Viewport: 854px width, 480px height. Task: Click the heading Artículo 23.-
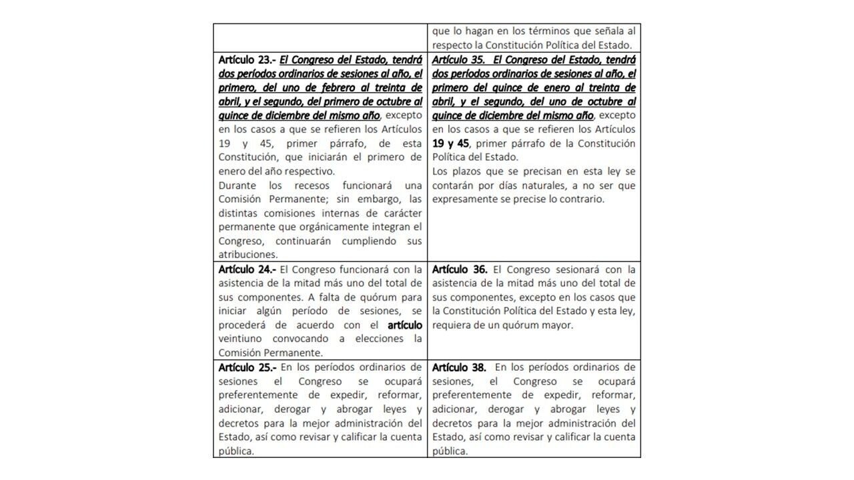coord(247,59)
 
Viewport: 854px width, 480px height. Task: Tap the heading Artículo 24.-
coord(247,269)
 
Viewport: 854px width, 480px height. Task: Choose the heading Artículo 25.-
coord(247,367)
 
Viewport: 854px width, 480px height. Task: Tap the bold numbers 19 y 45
coord(451,143)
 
